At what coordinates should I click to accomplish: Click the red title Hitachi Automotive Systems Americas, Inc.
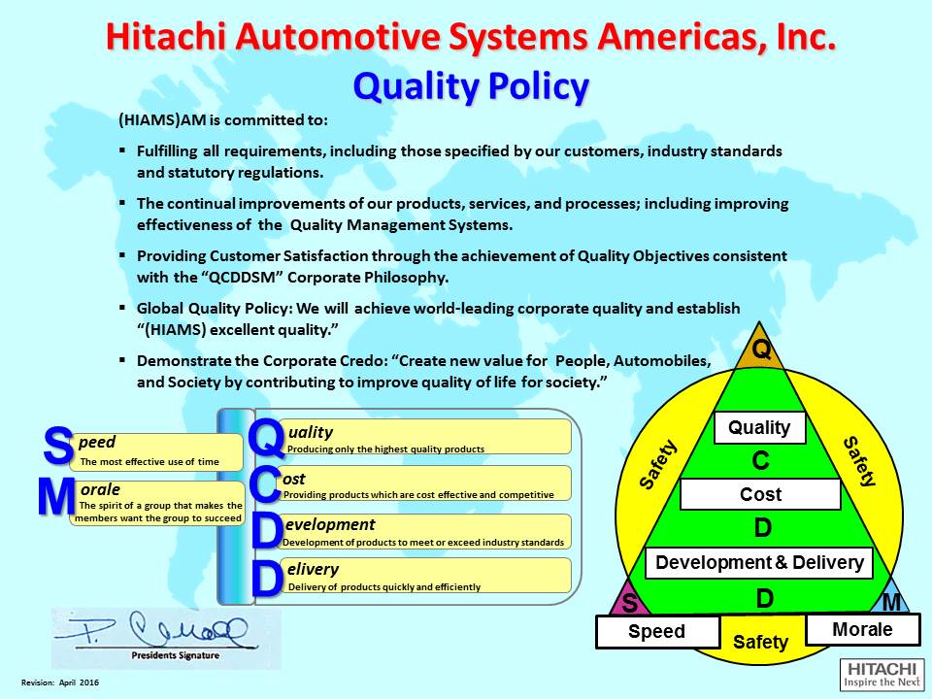[x=470, y=37]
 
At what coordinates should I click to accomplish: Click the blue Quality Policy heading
[x=471, y=86]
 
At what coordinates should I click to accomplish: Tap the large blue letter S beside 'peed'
[x=58, y=449]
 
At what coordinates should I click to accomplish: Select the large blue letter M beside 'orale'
[x=56, y=498]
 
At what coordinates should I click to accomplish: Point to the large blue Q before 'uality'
[x=266, y=437]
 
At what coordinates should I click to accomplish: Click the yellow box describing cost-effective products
[x=425, y=483]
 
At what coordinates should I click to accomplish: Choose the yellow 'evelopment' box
[x=425, y=531]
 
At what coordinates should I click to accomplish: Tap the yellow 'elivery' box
[x=425, y=576]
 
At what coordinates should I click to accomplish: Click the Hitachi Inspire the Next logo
[x=882, y=675]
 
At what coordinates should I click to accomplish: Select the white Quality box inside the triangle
[x=759, y=427]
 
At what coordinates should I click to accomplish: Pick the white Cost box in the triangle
[x=760, y=494]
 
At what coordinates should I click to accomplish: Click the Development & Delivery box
[x=759, y=562]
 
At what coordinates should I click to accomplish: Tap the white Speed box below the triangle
[x=656, y=631]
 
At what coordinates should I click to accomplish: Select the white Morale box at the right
[x=862, y=629]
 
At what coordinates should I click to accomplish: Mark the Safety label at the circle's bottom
[x=760, y=642]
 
